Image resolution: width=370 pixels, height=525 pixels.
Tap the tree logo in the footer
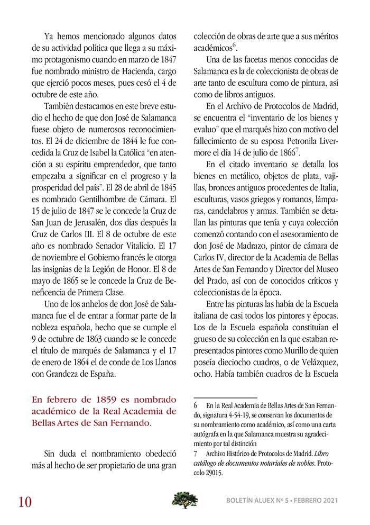pos(185,499)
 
